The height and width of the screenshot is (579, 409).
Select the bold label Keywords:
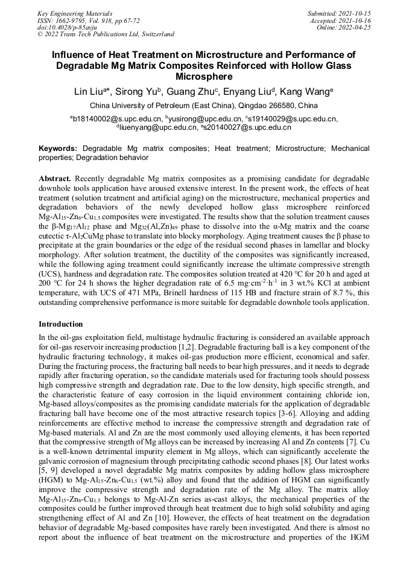click(x=58, y=148)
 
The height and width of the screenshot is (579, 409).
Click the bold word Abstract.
click(x=55, y=179)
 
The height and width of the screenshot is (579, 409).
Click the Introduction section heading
click(x=61, y=324)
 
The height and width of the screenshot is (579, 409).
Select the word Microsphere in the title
click(x=204, y=77)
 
